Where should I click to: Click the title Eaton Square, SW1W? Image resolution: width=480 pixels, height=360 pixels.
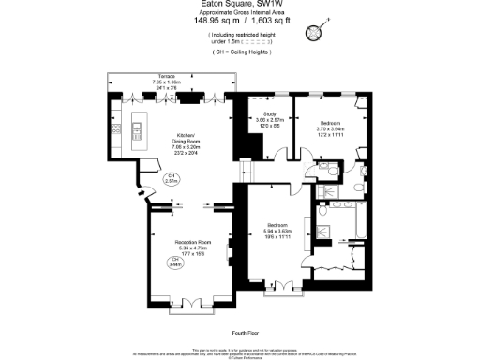[239, 6]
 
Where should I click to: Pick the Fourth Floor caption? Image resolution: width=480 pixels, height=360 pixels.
[244, 333]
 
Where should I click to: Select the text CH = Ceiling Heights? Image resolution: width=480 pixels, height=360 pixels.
[240, 52]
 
